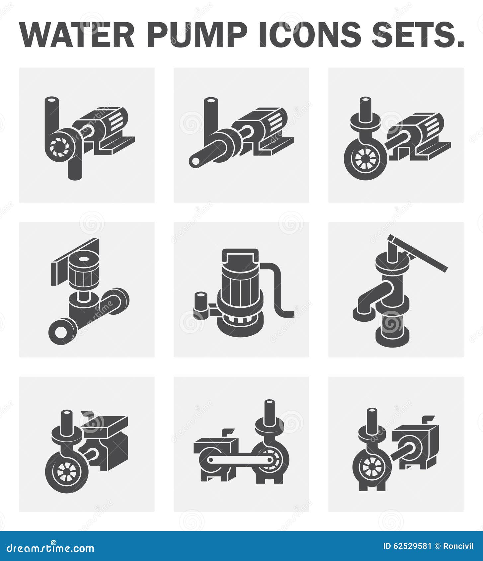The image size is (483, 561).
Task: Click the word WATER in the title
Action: pos(77,35)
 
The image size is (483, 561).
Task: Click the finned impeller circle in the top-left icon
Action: pos(60,145)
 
